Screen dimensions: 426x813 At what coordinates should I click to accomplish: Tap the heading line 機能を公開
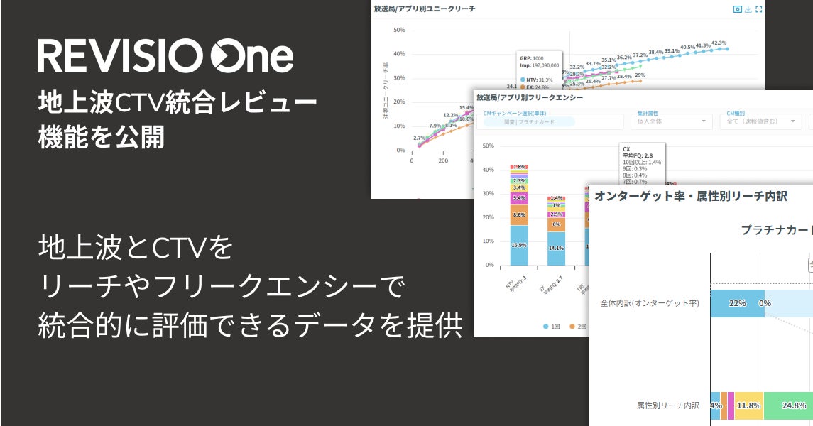101,137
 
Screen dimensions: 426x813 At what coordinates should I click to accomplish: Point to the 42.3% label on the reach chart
719,43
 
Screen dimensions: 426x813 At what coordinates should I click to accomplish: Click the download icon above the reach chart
748,9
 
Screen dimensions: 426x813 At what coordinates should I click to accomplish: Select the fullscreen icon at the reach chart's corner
758,9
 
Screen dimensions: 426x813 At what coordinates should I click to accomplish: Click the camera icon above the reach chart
737,9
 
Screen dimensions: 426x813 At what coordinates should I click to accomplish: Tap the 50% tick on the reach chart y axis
398,30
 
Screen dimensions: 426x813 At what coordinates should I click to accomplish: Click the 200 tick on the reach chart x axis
443,160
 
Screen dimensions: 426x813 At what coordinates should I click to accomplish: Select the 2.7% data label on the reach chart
419,138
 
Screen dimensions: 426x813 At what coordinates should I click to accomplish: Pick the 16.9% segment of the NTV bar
518,245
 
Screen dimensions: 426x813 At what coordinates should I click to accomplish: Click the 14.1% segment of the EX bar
556,248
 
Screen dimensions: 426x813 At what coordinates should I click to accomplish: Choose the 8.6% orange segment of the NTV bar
518,214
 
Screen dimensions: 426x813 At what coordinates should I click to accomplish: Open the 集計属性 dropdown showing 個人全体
671,121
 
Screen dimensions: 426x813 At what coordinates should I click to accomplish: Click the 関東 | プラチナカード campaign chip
528,121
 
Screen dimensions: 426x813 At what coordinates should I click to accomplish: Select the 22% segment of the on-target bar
737,303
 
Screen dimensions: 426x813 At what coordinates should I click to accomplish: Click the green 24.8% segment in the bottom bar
794,405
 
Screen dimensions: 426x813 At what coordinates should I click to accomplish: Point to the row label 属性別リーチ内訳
667,405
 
